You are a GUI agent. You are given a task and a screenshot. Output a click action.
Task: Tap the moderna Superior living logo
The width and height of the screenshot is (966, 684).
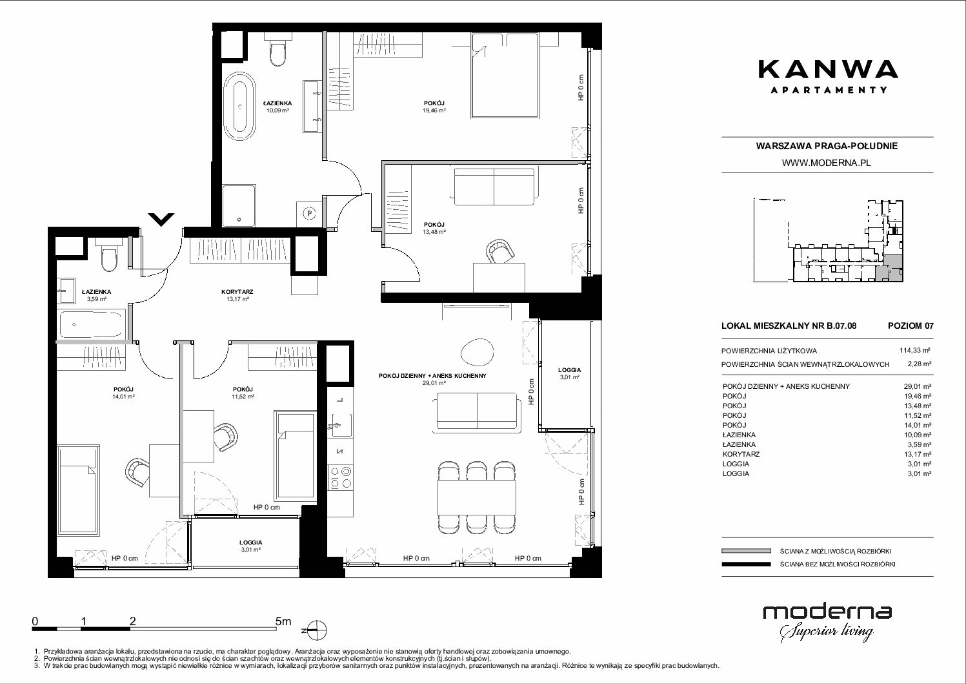[827, 623]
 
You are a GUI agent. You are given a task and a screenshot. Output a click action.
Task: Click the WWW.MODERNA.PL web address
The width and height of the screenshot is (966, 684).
[826, 163]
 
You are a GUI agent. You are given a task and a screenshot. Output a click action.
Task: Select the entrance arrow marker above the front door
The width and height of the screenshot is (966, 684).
[161, 219]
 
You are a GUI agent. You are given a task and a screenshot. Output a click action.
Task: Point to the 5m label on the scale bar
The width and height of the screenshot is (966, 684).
[283, 621]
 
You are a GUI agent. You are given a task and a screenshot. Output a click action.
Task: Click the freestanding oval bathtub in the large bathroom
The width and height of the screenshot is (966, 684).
[239, 105]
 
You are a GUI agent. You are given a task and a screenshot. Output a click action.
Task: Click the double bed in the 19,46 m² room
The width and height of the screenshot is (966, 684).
[505, 76]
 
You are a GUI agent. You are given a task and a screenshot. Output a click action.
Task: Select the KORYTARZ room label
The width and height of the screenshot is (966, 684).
[237, 292]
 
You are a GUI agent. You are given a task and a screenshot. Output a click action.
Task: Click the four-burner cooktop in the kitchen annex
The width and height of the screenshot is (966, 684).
[340, 478]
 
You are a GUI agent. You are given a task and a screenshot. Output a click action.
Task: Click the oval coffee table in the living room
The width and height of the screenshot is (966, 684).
[477, 352]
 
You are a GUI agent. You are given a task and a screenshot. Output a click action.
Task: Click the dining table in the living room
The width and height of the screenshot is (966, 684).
[477, 497]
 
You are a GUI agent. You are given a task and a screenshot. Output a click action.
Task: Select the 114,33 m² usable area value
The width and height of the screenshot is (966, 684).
[914, 351]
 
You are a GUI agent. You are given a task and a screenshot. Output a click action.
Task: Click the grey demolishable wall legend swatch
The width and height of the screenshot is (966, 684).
[746, 551]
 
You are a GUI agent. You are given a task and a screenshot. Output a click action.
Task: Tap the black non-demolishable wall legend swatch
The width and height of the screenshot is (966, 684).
[746, 564]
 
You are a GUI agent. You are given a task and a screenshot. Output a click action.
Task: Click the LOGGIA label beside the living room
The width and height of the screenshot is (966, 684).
[569, 370]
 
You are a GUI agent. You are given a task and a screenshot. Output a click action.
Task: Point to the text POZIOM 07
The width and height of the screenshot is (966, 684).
[911, 326]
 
